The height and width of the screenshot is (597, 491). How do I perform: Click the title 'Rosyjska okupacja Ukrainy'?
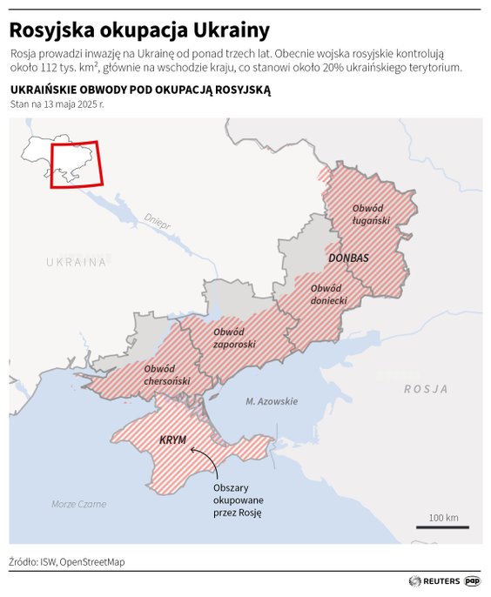click(139, 30)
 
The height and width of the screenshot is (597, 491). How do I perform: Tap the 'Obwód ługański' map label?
click(371, 214)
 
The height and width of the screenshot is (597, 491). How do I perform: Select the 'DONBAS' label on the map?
click(349, 258)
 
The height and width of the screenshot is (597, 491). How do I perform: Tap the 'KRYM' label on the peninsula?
click(173, 440)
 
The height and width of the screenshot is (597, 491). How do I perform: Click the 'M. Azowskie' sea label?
click(271, 401)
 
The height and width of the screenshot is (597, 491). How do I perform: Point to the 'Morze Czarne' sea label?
click(78, 504)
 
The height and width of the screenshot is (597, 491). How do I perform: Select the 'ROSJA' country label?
click(426, 389)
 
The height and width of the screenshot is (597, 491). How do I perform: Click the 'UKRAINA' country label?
click(77, 261)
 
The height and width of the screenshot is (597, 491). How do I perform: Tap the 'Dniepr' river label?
click(158, 219)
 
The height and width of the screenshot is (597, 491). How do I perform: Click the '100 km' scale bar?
click(443, 522)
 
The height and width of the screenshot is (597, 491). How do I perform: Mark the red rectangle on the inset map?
click(77, 164)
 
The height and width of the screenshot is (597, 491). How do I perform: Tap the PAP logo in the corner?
click(472, 580)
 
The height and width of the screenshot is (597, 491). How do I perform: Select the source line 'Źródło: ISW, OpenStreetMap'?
click(67, 561)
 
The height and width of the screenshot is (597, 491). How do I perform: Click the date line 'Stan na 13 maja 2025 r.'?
click(57, 104)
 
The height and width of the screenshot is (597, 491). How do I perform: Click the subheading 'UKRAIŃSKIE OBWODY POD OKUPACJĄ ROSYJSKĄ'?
click(140, 90)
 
